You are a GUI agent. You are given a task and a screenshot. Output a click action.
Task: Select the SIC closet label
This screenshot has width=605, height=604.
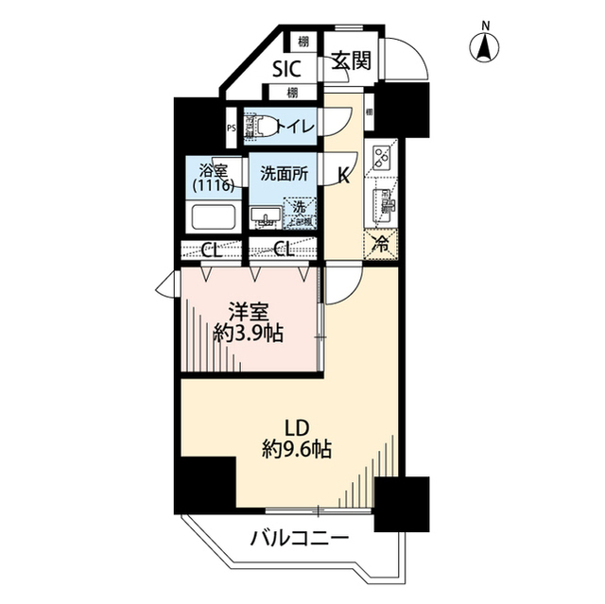(287, 68)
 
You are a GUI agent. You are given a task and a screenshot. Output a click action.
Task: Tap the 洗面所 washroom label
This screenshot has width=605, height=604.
(284, 174)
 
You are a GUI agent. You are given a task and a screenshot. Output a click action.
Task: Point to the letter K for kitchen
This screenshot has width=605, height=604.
(346, 175)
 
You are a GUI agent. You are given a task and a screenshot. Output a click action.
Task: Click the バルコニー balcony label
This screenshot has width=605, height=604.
(300, 540)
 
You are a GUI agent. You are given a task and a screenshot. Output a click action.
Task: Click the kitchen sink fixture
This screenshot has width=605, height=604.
(383, 201)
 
